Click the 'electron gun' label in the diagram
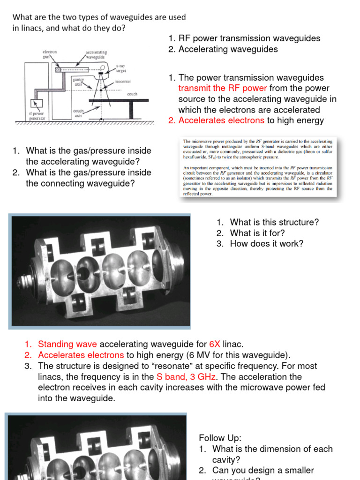pos(50,54)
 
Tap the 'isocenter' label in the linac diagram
pos(123,81)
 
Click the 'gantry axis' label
pos(77,82)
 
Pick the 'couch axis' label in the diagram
pos(78,113)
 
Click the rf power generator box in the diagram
pos(36,103)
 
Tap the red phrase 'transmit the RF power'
pos(223,88)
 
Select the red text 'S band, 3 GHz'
pos(182,377)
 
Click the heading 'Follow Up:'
pos(220,438)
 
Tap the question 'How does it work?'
pos(267,244)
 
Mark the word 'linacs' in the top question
pos(25,28)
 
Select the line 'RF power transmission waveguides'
pos(249,38)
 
